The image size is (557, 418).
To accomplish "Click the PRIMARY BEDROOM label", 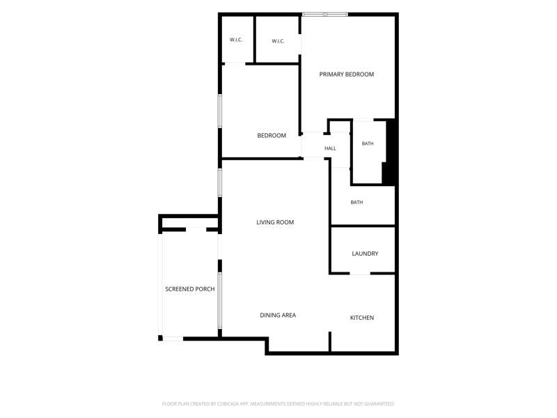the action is pyautogui.click(x=346, y=75).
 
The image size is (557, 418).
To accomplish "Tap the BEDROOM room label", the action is pyautogui.click(x=272, y=135).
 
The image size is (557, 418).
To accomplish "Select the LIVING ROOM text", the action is pyautogui.click(x=275, y=222).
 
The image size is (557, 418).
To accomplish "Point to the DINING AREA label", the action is pyautogui.click(x=278, y=316).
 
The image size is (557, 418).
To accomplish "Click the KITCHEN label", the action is pyautogui.click(x=362, y=318).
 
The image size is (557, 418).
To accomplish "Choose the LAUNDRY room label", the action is pyautogui.click(x=365, y=254).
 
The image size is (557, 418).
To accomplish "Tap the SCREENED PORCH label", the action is pyautogui.click(x=189, y=289).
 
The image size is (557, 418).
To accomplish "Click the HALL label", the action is pyautogui.click(x=330, y=148).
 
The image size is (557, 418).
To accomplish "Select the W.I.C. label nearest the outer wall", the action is pyautogui.click(x=236, y=40).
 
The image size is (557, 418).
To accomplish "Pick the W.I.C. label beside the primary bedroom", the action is pyautogui.click(x=278, y=41).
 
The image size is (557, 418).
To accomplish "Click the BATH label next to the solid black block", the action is pyautogui.click(x=368, y=144).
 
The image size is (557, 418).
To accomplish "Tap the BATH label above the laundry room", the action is pyautogui.click(x=356, y=202).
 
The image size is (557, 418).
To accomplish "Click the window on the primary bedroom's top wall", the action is pyautogui.click(x=325, y=15).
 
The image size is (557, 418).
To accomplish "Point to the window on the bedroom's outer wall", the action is pyautogui.click(x=220, y=111).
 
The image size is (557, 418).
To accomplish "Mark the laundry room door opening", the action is pyautogui.click(x=360, y=273).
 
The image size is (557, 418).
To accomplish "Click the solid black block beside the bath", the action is pyautogui.click(x=390, y=153).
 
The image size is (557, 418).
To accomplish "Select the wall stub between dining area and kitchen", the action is pyautogui.click(x=329, y=342).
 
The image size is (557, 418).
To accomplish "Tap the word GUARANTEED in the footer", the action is pyautogui.click(x=381, y=404).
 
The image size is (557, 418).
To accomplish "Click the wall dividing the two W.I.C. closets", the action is pyautogui.click(x=255, y=40).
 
